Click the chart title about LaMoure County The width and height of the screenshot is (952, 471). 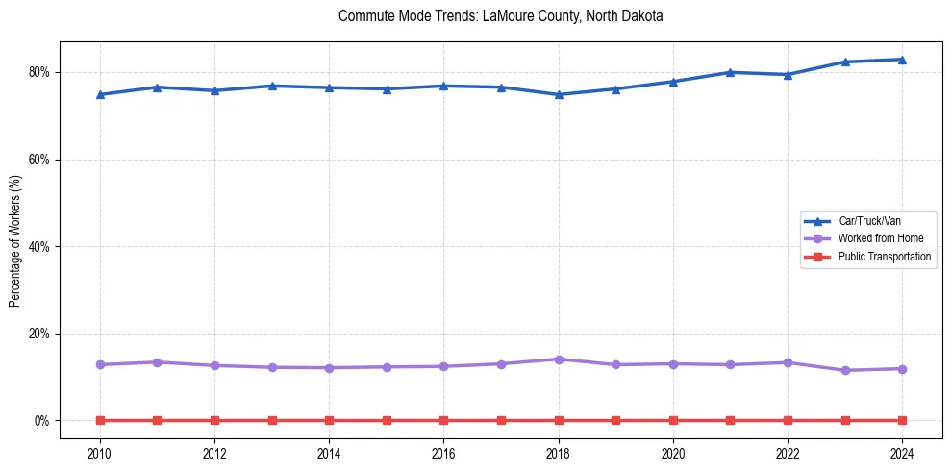(501, 16)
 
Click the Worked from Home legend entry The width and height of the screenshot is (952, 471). (873, 238)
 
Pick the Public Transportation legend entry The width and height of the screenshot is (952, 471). (884, 257)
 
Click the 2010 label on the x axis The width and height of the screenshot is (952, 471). (100, 452)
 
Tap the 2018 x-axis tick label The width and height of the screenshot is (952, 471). (559, 452)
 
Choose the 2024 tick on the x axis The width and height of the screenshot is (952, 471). (902, 452)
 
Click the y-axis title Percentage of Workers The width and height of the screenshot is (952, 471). (15, 240)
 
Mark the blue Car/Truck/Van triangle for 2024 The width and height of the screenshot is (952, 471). (902, 60)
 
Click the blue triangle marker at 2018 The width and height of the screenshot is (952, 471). (559, 94)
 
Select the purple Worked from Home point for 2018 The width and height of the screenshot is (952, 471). (559, 359)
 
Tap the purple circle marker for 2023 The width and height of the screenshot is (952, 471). (845, 370)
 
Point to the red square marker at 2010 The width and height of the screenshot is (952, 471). (100, 420)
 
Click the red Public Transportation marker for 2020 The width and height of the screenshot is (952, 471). (673, 420)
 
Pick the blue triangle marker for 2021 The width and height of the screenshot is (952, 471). (730, 72)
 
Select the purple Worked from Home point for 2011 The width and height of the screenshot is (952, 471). (157, 362)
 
